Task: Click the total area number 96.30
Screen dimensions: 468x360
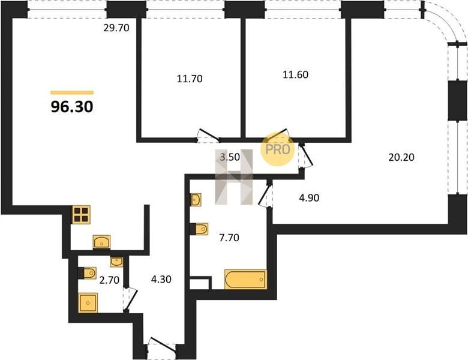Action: (x=72, y=107)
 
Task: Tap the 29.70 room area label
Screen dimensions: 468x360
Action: (x=116, y=28)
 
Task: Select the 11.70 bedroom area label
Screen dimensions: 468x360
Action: (x=190, y=79)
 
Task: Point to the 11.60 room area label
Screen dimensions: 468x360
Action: (x=295, y=74)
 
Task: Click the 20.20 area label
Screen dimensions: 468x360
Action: (x=401, y=157)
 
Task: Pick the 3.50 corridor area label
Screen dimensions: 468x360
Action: (x=230, y=157)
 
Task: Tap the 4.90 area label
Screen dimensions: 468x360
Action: (x=309, y=197)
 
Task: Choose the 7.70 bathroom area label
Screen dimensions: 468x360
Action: (x=229, y=238)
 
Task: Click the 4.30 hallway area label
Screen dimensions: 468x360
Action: (x=161, y=280)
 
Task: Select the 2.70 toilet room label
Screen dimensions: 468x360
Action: (x=109, y=280)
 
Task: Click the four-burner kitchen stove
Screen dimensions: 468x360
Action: (x=82, y=215)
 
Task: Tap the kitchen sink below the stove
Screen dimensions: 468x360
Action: (x=102, y=242)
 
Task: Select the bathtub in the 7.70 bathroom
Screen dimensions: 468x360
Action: (x=245, y=280)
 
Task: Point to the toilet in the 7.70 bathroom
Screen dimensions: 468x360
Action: (x=199, y=229)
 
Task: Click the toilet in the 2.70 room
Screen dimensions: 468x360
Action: (x=87, y=273)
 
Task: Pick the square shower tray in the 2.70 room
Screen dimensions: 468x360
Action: (x=88, y=302)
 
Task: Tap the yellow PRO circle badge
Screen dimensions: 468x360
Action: (x=278, y=149)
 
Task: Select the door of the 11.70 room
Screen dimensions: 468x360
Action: (x=208, y=136)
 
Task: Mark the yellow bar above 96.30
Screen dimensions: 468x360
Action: (x=72, y=92)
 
